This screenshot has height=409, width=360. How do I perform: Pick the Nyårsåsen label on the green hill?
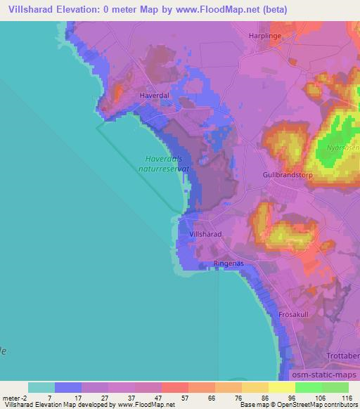click(343, 148)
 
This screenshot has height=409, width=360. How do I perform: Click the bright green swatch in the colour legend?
click(309, 387)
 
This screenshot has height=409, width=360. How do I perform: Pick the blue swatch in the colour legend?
click(68, 387)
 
